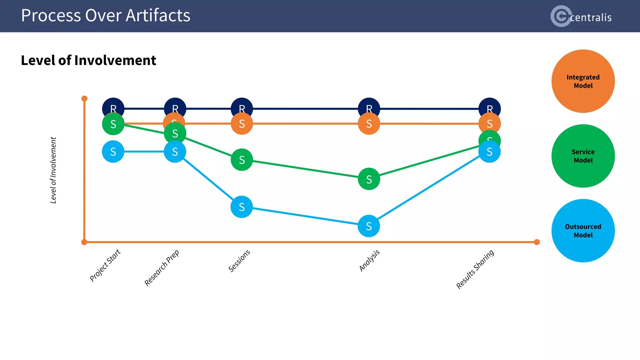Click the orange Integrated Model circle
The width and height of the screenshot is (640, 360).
coord(583,81)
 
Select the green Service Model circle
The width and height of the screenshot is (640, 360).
coord(583,156)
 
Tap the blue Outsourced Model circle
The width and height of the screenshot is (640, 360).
coord(583,231)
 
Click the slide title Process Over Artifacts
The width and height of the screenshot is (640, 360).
coord(106,16)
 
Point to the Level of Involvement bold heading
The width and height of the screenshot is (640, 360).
coord(88,60)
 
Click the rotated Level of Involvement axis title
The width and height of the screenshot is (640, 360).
coord(53,170)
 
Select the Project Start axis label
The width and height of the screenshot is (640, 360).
coord(105,265)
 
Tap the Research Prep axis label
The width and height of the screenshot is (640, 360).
coord(162,268)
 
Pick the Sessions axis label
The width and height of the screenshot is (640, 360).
coord(239,261)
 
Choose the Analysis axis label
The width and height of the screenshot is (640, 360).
coord(369,260)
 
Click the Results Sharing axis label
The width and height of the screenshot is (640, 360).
coord(475,269)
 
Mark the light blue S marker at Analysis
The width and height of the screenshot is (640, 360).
coord(369,226)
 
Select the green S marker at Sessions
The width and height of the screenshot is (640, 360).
coord(242,160)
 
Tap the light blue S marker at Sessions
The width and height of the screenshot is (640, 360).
coord(242,207)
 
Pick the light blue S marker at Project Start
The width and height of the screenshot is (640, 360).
coord(113,152)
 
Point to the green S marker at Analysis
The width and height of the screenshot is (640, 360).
coord(369,179)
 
